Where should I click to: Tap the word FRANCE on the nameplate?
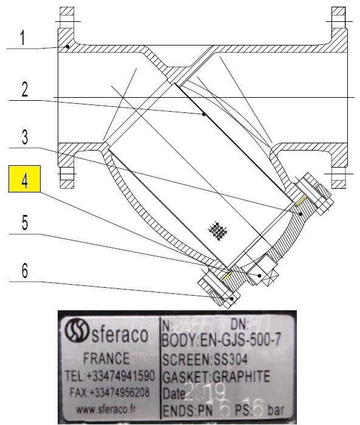click(106, 358)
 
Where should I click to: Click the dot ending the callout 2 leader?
click(204, 114)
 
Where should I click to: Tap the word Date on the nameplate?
click(174, 393)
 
